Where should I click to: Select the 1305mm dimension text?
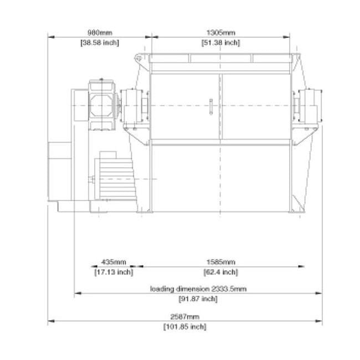coord(220,32)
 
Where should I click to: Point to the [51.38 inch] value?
coord(220,42)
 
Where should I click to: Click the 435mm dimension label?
coord(114,261)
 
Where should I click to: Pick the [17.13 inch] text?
coord(114,271)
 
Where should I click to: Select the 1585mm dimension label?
coord(220,261)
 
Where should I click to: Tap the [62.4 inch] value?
coord(220,271)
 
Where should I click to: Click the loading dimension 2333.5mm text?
coord(198,289)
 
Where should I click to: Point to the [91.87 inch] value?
coord(198,299)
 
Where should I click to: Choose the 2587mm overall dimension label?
coord(185,317)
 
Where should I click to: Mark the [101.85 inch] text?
coord(185,327)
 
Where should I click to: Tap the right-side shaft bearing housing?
coord(306,105)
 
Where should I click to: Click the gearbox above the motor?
coord(101,105)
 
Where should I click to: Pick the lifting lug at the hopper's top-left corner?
coord(139,57)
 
